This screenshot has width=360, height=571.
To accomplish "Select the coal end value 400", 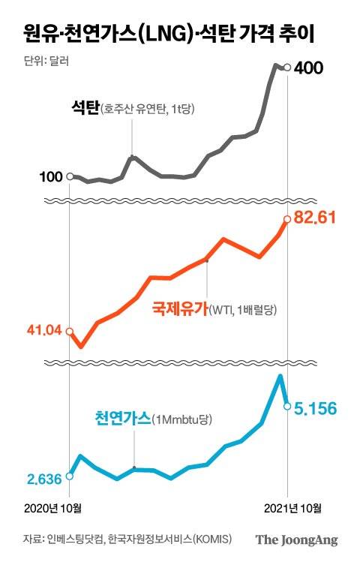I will coord(309,69).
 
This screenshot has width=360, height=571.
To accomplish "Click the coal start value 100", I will coord(51,177).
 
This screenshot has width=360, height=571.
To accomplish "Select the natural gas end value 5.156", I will coord(315,408).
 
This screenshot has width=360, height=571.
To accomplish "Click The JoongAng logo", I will coord(296,539).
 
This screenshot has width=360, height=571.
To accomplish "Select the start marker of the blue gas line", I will coord(70,475).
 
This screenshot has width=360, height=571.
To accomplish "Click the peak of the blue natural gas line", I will coord(280,376).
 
